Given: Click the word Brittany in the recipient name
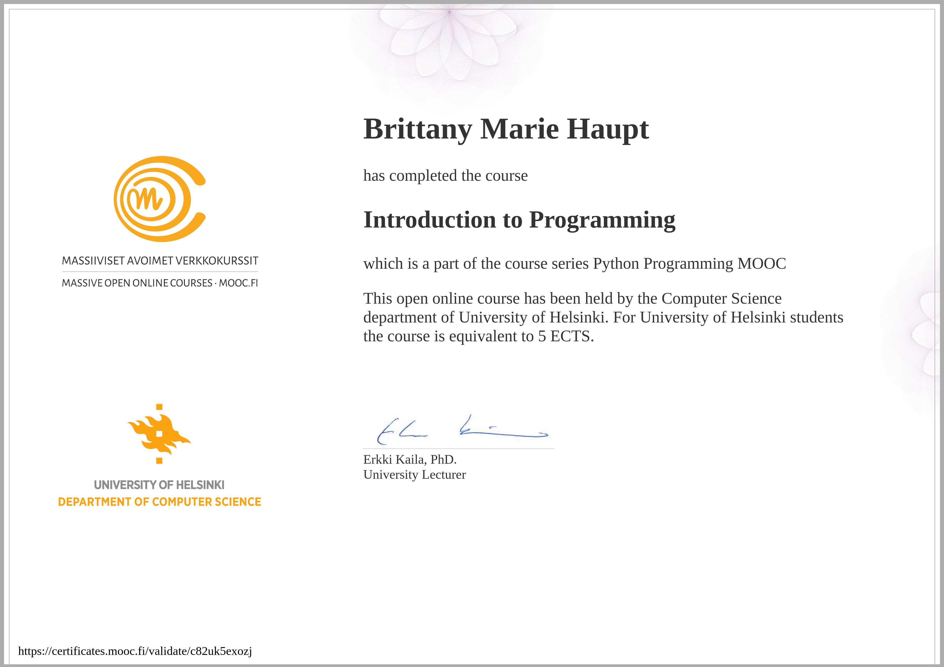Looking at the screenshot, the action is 418,129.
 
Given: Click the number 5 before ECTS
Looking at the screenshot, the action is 542,336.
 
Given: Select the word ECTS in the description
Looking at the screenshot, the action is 572,336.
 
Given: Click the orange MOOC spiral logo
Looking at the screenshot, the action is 160,199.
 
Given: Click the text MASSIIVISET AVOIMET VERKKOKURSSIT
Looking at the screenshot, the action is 160,261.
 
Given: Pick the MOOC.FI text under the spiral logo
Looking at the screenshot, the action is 238,283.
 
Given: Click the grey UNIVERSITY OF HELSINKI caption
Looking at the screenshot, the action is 159,485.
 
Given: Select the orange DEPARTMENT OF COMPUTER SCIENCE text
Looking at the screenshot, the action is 160,502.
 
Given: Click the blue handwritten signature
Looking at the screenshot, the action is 463,430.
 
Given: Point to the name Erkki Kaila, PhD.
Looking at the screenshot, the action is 410,459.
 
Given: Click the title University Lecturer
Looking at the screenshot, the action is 414,475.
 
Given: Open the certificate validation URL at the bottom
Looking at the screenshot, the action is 135,651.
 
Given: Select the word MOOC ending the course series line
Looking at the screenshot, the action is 762,263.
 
